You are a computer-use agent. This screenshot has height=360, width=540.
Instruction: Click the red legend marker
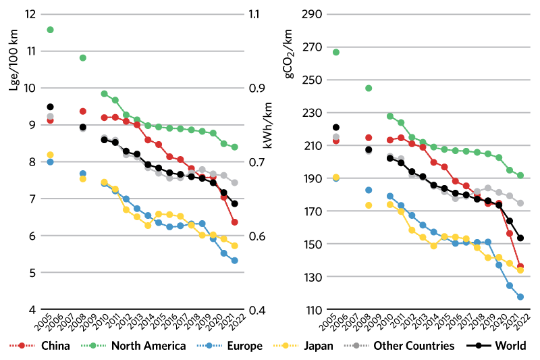click(x=22, y=345)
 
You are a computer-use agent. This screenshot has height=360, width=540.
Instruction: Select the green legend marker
click(x=93, y=345)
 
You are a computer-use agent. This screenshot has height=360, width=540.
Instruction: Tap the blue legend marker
click(x=209, y=345)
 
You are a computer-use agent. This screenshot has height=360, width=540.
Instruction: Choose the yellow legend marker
click(x=286, y=345)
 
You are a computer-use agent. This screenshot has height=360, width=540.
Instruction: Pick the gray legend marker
click(x=356, y=345)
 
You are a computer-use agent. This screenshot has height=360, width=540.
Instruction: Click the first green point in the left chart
click(x=50, y=30)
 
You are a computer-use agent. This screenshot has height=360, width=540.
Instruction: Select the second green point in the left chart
click(x=82, y=58)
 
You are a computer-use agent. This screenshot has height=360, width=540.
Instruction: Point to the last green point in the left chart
click(x=234, y=147)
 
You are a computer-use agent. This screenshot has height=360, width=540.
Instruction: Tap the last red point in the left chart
click(x=234, y=222)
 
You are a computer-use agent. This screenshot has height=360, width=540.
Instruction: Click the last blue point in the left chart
click(x=234, y=260)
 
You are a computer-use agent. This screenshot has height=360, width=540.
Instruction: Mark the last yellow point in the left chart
click(x=234, y=246)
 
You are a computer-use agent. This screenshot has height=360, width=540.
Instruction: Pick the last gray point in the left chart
click(x=234, y=183)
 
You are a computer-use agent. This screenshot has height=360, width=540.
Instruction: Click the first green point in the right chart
click(x=336, y=52)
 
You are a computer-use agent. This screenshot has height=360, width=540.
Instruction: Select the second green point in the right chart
click(x=369, y=88)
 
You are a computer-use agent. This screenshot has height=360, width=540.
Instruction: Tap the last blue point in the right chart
click(x=520, y=297)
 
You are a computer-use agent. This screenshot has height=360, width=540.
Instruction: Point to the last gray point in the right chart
click(x=520, y=203)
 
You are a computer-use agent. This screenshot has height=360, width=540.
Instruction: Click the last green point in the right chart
click(x=520, y=175)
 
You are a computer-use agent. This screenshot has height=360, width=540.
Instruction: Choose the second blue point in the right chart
click(x=369, y=190)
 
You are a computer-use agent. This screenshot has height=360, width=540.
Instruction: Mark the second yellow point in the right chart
click(x=369, y=205)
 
